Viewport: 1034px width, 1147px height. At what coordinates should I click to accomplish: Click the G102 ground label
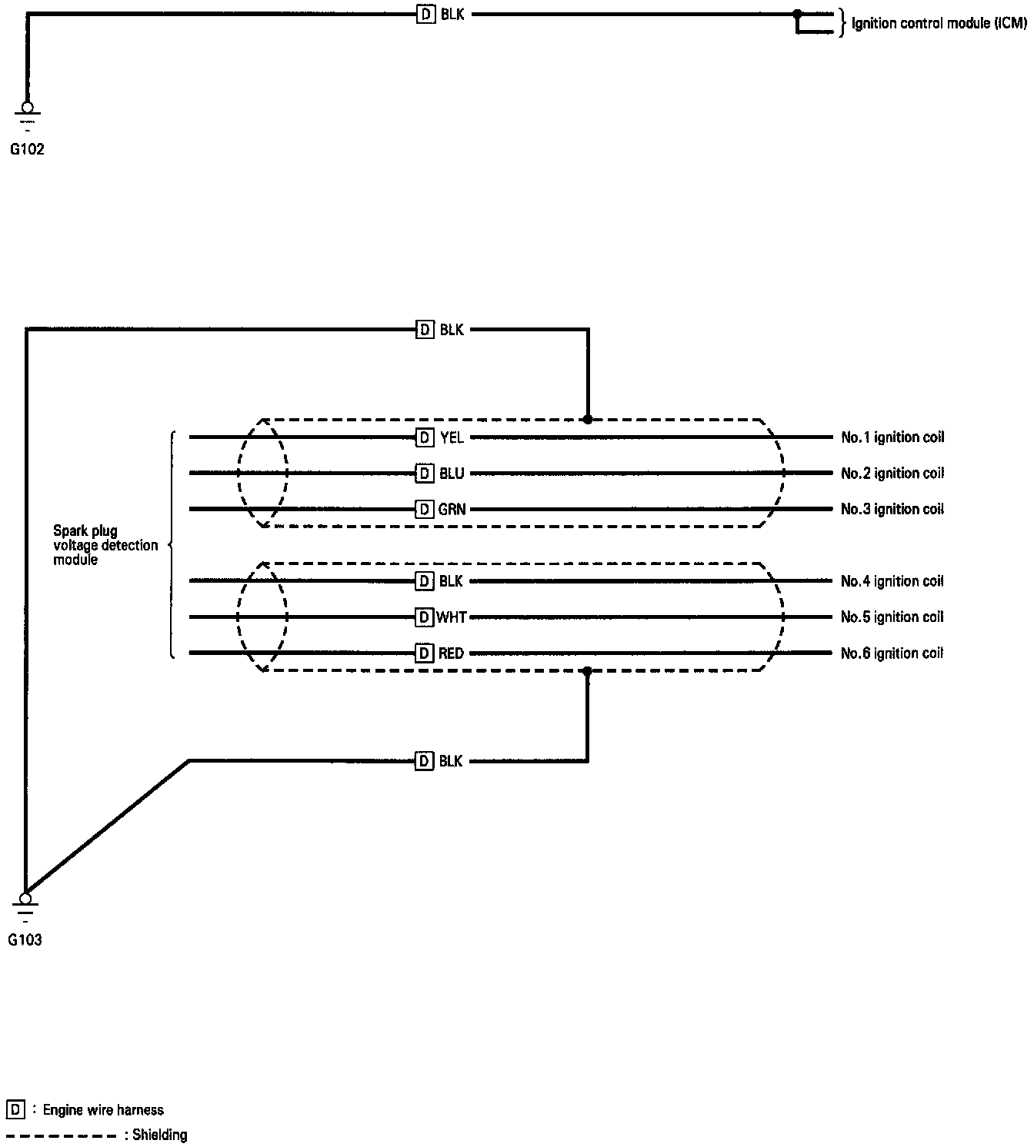[x=27, y=150]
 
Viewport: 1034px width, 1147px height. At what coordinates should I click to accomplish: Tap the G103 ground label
[x=25, y=939]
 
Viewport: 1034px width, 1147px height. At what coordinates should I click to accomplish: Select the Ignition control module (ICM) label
[x=939, y=24]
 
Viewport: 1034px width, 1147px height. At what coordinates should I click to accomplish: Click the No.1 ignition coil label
[x=892, y=437]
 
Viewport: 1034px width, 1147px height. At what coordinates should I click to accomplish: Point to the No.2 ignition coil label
[x=892, y=474]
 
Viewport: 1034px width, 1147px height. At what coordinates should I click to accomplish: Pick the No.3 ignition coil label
[x=892, y=509]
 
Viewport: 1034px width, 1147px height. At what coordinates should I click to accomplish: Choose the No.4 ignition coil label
[x=892, y=581]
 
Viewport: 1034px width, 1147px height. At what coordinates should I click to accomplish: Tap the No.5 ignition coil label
[x=892, y=617]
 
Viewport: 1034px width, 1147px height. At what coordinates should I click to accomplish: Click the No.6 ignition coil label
[x=892, y=653]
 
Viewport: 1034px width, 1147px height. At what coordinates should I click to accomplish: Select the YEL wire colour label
[x=452, y=438]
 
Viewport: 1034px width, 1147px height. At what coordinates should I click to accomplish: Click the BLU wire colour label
[x=452, y=474]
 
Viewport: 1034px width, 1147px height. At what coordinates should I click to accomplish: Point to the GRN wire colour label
[x=452, y=509]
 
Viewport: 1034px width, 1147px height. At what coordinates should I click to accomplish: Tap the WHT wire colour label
[x=452, y=617]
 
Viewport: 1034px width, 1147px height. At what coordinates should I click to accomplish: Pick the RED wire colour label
[x=452, y=653]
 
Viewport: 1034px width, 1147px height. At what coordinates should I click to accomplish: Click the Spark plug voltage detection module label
[x=105, y=545]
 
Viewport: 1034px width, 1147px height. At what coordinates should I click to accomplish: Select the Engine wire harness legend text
[x=103, y=1110]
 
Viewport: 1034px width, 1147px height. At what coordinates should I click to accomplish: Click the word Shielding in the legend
[x=160, y=1135]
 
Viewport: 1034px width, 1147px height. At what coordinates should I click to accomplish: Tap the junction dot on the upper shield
[x=588, y=420]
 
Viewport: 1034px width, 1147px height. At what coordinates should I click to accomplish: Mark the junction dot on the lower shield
[x=587, y=671]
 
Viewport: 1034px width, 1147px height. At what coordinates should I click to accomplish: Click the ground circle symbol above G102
[x=27, y=108]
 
